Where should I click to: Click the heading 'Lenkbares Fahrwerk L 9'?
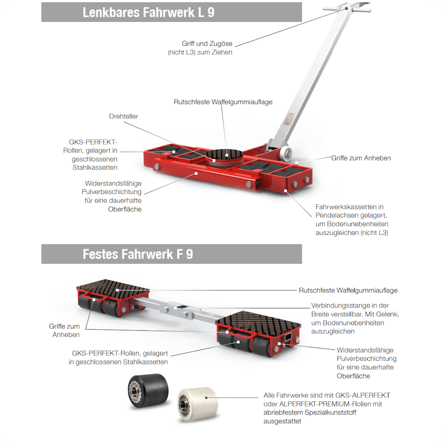click(x=149, y=12)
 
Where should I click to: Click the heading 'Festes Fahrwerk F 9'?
click(x=138, y=254)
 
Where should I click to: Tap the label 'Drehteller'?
click(x=124, y=116)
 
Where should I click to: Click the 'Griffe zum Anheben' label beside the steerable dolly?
click(x=361, y=158)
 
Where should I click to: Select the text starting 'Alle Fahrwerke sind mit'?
click(x=327, y=408)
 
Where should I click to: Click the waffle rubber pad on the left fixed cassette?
click(x=113, y=288)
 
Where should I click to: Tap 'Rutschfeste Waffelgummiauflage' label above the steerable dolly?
click(x=223, y=102)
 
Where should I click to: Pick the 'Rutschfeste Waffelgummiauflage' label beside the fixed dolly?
click(x=348, y=290)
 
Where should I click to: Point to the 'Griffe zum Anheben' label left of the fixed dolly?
click(x=65, y=330)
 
